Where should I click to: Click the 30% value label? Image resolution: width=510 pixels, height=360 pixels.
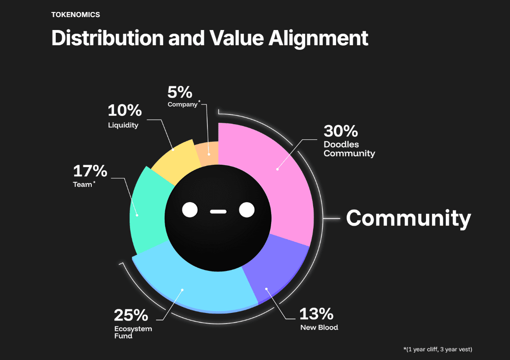coord(341,131)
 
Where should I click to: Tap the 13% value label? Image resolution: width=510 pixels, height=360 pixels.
coord(316,314)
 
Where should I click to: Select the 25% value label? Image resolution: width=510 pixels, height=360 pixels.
coord(131,316)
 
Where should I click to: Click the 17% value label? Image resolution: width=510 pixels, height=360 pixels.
coord(90,171)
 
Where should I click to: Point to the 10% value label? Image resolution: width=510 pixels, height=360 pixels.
coord(125,110)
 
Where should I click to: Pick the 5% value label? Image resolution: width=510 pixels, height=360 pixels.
coord(180,92)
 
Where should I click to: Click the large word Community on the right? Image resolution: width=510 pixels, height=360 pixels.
coord(409,217)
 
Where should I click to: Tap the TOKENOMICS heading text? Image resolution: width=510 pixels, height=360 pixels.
coord(76,15)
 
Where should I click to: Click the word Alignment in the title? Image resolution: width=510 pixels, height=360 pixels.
coord(318,38)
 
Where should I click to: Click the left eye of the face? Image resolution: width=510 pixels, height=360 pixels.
coord(190,210)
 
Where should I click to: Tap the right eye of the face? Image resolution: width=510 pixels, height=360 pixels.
coord(247,210)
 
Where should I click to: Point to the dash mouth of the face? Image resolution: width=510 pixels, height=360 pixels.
coord(218,212)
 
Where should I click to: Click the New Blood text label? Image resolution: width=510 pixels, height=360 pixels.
coord(319,327)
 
